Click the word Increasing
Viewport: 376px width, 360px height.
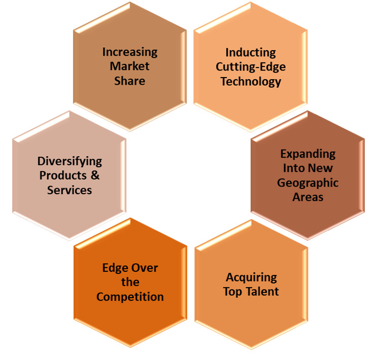click(130, 52)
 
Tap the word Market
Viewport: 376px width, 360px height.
click(130, 66)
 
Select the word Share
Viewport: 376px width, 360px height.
click(130, 81)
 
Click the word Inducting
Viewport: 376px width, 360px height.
click(251, 53)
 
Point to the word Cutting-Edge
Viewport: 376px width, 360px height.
click(251, 67)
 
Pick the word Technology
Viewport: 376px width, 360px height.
click(251, 81)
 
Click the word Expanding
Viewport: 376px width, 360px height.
click(308, 154)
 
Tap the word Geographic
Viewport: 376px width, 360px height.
click(308, 183)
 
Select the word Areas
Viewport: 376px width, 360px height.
click(308, 197)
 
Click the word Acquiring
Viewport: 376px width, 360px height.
click(251, 277)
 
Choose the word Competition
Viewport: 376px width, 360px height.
click(130, 297)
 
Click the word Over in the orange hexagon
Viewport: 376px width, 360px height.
click(146, 268)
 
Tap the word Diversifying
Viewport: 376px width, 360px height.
click(70, 161)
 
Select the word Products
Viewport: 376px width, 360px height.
click(63, 175)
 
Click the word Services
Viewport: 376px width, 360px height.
click(70, 190)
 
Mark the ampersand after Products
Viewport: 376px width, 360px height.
click(95, 175)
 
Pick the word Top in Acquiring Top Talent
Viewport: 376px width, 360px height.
click(232, 292)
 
